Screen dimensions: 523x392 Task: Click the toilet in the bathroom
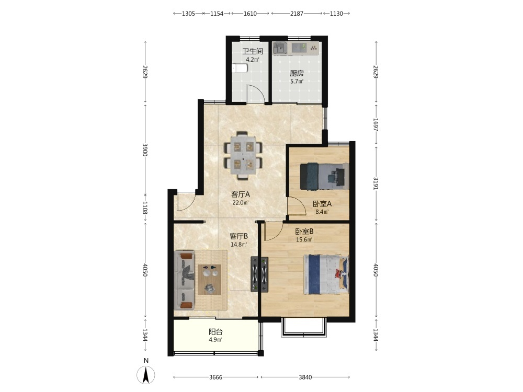[x=240, y=68]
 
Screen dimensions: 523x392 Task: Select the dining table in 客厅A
[x=243, y=155]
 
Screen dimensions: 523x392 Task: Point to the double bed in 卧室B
[x=326, y=274]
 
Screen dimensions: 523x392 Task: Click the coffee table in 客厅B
[x=210, y=279]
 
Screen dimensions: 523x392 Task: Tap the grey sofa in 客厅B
[x=184, y=280]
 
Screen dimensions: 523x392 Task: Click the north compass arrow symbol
[x=146, y=375]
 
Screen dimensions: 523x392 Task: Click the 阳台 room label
[x=215, y=332]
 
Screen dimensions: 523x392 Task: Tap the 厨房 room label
[x=297, y=73]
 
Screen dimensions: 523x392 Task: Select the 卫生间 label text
[x=253, y=51]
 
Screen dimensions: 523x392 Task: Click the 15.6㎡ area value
[x=304, y=240]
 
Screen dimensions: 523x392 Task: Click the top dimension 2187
[x=297, y=14]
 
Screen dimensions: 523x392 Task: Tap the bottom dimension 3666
[x=215, y=377]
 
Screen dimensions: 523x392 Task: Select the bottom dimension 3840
[x=305, y=377]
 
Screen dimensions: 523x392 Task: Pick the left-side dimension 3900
[x=145, y=150]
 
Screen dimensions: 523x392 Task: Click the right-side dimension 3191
[x=376, y=183]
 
